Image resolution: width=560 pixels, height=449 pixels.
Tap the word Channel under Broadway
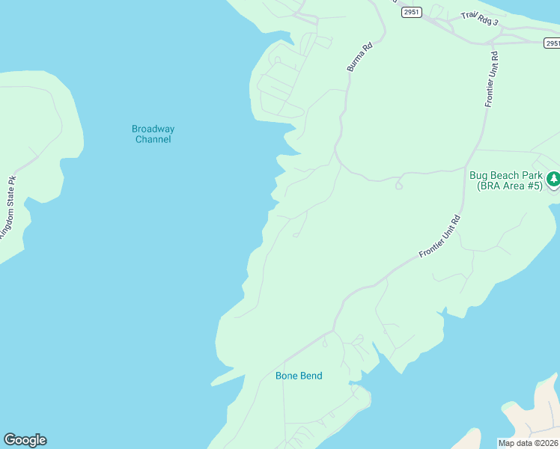(153, 139)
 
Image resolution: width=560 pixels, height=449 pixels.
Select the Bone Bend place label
(299, 376)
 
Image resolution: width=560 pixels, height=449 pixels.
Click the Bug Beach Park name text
(505, 176)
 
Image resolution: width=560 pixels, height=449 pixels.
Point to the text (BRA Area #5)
(505, 186)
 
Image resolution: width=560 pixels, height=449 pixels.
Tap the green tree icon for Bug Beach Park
(553, 179)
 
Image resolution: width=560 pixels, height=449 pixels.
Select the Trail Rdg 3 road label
(479, 19)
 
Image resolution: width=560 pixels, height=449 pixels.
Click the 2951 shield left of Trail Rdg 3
(411, 12)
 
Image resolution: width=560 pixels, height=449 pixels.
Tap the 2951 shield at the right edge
(551, 43)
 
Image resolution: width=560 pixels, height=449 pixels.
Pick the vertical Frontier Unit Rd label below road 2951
(490, 79)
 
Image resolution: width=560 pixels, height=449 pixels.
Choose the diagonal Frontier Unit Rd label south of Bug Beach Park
(439, 237)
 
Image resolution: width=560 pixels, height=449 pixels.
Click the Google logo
(25, 440)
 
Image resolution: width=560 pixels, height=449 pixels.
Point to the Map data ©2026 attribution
(528, 442)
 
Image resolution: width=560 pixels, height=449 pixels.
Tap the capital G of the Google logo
(10, 440)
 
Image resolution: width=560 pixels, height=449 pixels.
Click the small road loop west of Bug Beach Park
(399, 185)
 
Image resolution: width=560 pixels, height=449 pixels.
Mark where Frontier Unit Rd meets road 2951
(493, 43)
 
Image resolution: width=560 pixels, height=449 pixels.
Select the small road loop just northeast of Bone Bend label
(325, 343)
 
